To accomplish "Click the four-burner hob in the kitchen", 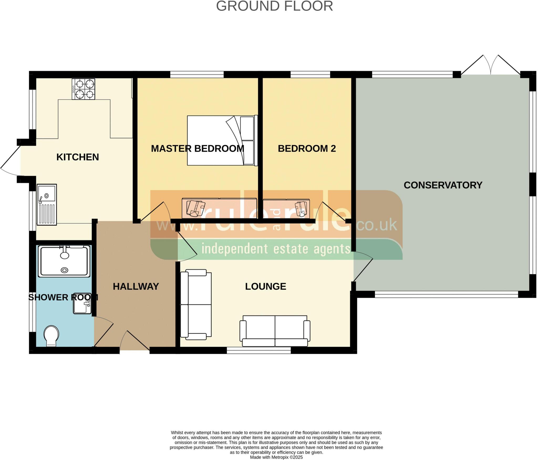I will (x=84, y=89).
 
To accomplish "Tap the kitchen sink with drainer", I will (x=47, y=204).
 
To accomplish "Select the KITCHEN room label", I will (x=77, y=157).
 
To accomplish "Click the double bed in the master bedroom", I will (x=222, y=140).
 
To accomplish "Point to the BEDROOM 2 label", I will (x=307, y=149).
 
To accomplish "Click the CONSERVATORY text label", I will (x=443, y=185).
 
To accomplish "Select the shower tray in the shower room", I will (x=64, y=261).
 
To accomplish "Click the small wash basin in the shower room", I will (x=82, y=304).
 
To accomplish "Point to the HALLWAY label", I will (x=136, y=286).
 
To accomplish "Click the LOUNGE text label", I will (x=265, y=286).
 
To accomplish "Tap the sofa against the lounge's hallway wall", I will (x=196, y=304).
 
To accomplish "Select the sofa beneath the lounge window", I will (x=275, y=331).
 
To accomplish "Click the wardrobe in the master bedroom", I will (x=219, y=209).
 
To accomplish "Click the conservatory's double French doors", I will (x=490, y=66).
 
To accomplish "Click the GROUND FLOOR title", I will (x=274, y=6).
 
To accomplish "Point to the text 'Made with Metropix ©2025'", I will (x=276, y=457).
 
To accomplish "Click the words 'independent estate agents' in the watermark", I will (x=276, y=249).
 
